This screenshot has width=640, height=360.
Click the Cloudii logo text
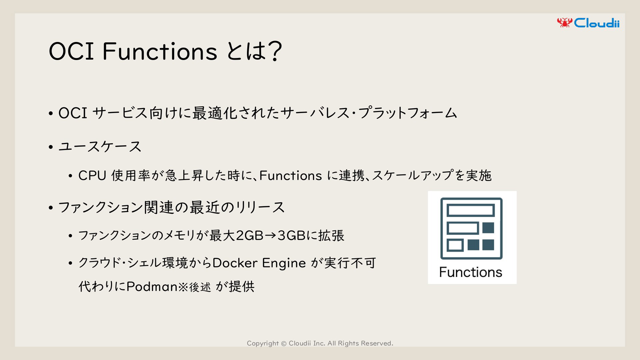coord(597,23)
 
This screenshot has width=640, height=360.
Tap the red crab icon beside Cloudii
coord(565,22)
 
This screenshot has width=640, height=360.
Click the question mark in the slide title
coord(275,51)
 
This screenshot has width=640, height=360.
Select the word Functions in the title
coord(160,51)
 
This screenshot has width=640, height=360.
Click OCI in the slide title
coord(71,51)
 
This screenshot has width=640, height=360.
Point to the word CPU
coord(92,176)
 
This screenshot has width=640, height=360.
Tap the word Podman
coord(152,286)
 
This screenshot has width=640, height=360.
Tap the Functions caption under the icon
coord(471,272)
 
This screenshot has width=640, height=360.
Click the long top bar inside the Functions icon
coord(471,211)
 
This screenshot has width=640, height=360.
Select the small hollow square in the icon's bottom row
coord(455,245)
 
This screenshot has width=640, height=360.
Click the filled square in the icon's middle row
coord(488,228)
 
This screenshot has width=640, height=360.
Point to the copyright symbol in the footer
coord(284,343)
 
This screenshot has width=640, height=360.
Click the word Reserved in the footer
coord(377,343)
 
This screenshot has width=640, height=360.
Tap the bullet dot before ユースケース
coord(51,147)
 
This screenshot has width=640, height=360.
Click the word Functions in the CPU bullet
coord(290,176)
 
